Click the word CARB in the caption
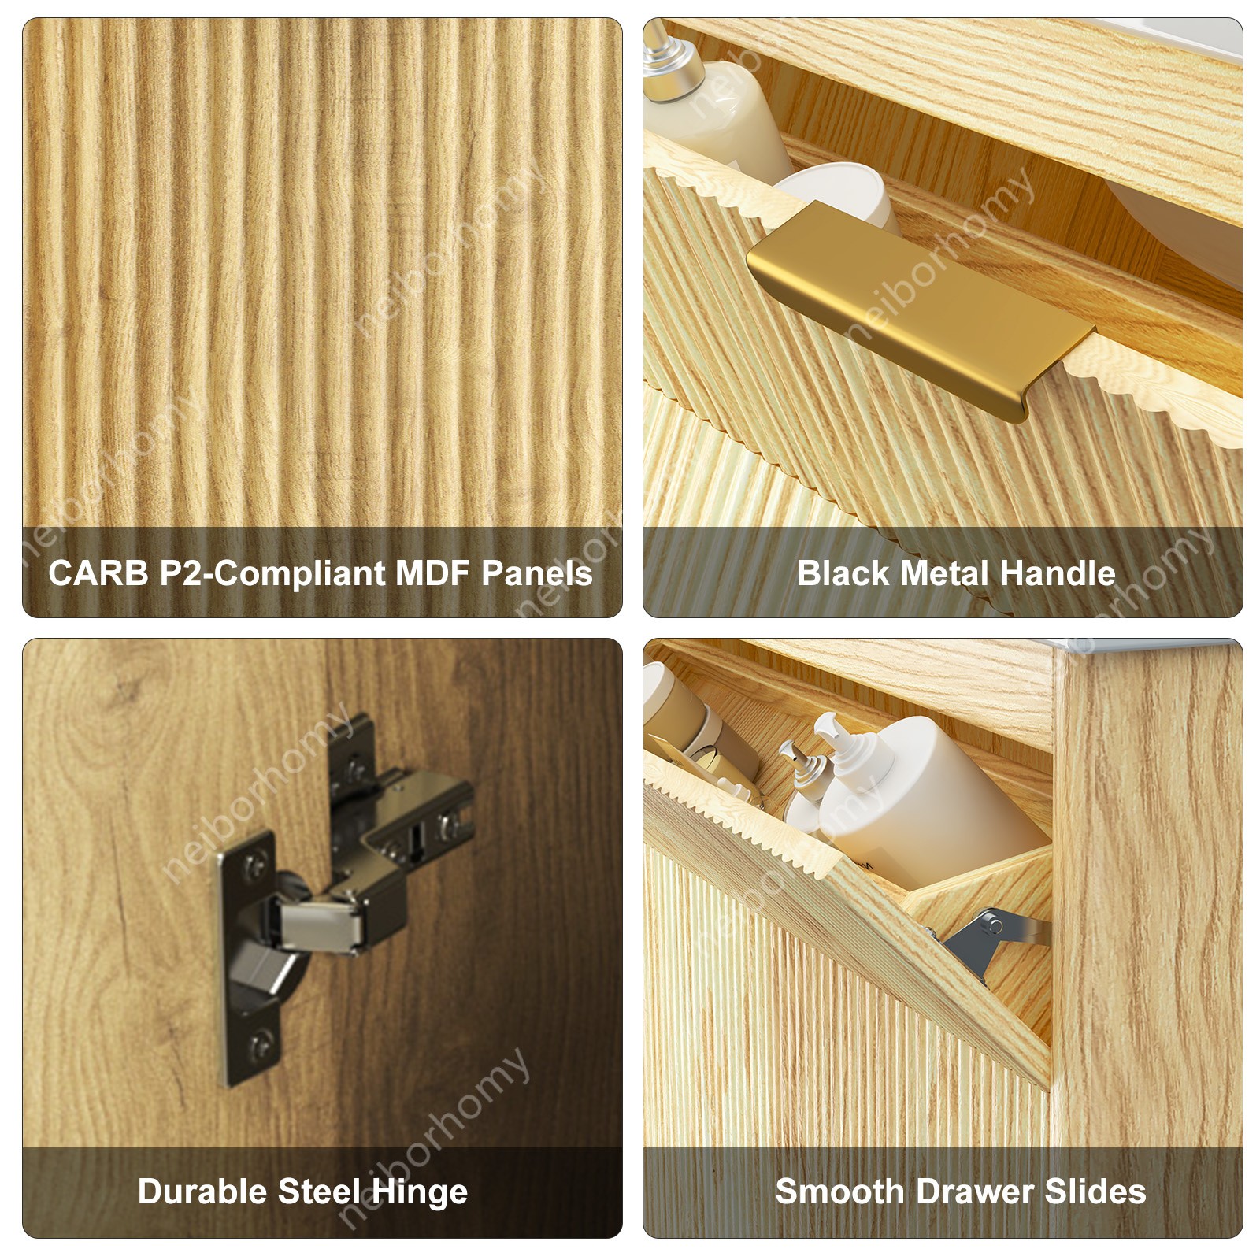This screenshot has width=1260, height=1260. pos(98,573)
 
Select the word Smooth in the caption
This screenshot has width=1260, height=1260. pos(839,1191)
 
